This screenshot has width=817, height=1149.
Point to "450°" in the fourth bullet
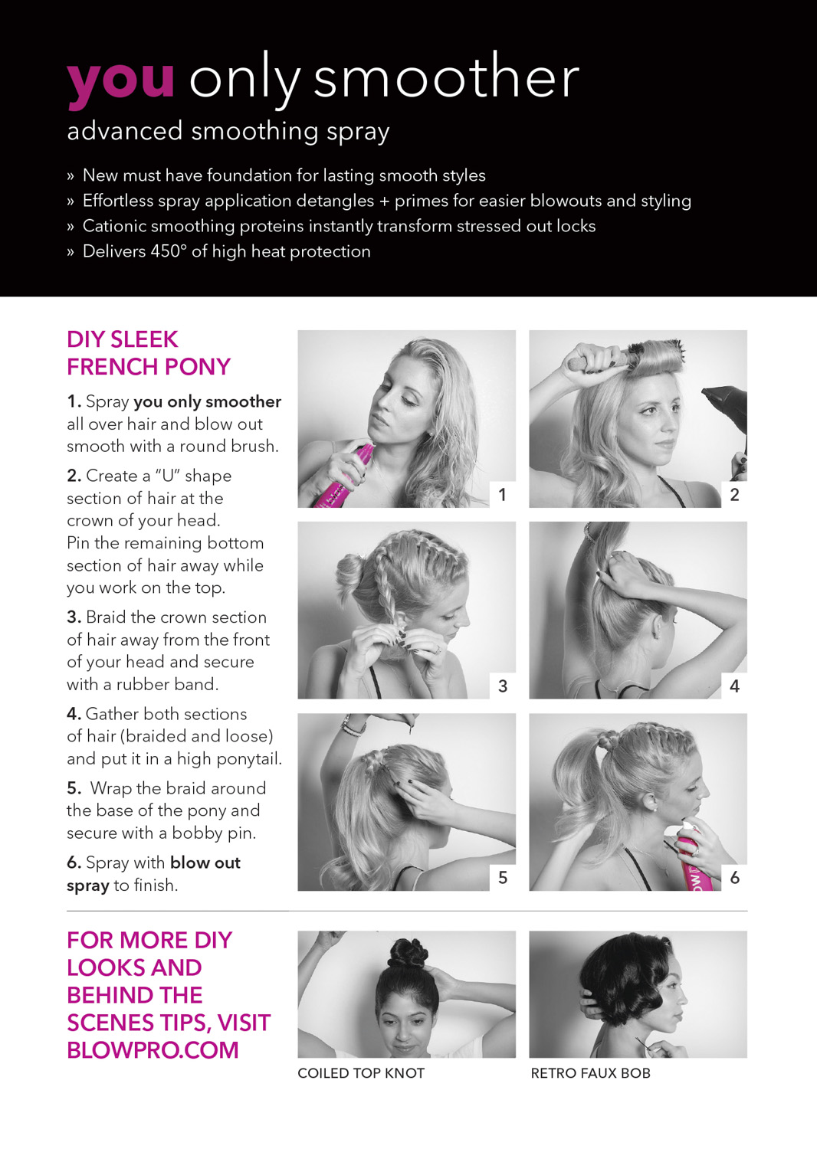click(169, 250)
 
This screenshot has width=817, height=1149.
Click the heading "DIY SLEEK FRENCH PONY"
click(149, 353)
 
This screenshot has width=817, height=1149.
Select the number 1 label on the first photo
click(503, 495)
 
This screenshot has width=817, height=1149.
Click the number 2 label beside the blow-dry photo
click(734, 495)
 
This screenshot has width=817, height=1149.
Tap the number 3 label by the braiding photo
click(503, 686)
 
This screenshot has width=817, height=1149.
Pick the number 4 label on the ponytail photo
click(734, 686)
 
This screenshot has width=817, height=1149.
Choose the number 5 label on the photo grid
click(503, 878)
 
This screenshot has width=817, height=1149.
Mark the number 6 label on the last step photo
click(734, 878)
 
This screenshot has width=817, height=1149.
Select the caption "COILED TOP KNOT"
click(361, 1073)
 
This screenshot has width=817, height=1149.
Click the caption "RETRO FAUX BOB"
click(590, 1073)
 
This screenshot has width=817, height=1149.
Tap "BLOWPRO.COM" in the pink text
click(153, 1050)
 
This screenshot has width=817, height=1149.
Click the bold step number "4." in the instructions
click(74, 714)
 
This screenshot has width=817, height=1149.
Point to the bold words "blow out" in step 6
click(205, 863)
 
